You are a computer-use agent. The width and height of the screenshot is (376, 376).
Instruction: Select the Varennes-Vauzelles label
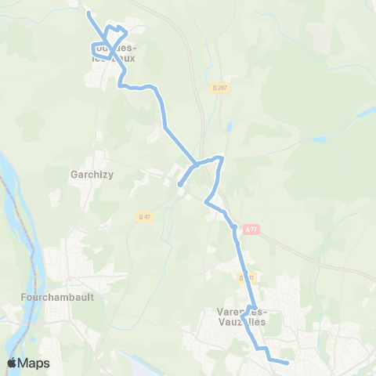pos(242,316)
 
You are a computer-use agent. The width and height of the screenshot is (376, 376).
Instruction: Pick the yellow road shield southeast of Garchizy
pos(143,217)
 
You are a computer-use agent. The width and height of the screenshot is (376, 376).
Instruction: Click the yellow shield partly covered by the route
pos(246,277)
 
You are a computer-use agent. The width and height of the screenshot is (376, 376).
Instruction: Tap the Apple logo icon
pos(12,363)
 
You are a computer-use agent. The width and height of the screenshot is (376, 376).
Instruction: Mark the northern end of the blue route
pos(89,13)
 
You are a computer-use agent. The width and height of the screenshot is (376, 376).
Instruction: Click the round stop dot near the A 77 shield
pos(233,227)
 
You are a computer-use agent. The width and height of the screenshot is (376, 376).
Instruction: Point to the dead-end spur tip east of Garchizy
pos(180,185)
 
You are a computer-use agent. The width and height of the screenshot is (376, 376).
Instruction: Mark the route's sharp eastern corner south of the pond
pos(222,159)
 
